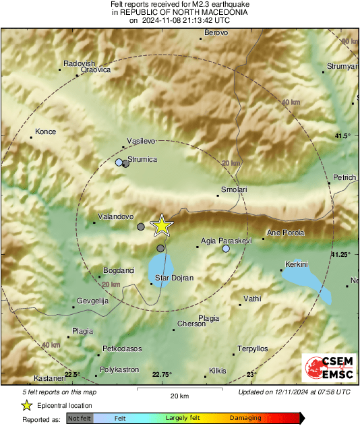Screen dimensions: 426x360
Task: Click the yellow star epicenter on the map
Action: tap(162, 226)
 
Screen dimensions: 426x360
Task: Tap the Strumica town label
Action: tap(142, 159)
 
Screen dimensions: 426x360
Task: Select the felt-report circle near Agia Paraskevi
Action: tap(226, 249)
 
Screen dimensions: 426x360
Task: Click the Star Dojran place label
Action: tap(175, 278)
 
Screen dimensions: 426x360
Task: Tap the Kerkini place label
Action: tap(297, 264)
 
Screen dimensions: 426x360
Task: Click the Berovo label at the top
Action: tap(216, 32)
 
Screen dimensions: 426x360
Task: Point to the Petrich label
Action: tap(344, 177)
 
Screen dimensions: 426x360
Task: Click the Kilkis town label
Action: tap(218, 371)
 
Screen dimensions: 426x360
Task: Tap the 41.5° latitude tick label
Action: tap(342, 137)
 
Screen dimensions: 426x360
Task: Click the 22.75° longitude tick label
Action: tap(162, 375)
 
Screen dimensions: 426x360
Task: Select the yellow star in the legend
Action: tap(27, 405)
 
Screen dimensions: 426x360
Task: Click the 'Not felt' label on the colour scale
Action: tap(80, 419)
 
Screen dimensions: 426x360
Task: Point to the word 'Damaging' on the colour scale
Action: tap(245, 419)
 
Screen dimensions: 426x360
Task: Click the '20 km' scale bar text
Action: tap(162, 395)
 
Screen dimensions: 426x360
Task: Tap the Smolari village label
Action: tap(235, 190)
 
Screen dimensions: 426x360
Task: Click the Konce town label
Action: tap(46, 131)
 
